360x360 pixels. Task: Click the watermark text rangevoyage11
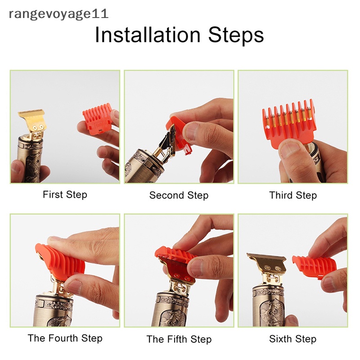pos(58,14)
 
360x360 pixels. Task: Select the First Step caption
pos(65,195)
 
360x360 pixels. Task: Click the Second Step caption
pos(179,195)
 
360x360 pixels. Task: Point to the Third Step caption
pos(293,195)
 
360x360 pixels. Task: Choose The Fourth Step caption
pos(65,338)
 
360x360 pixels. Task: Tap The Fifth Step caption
pos(179,339)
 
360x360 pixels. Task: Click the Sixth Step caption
pos(292,339)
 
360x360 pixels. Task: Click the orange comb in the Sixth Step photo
pos(308,266)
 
